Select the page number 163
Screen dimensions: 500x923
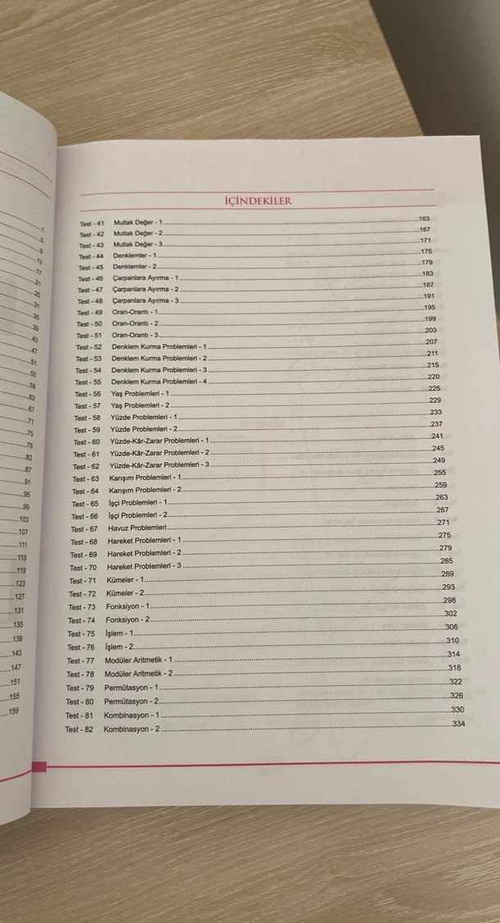coord(424,219)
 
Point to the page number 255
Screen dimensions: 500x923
coord(439,473)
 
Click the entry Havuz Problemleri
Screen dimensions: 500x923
coord(137,528)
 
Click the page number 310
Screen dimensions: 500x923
coord(452,640)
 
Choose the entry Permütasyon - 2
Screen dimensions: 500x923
coord(131,701)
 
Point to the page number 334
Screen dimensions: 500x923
coord(458,724)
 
